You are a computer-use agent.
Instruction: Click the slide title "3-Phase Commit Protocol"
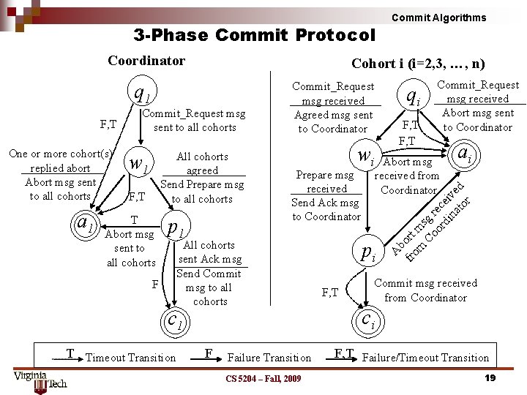254,35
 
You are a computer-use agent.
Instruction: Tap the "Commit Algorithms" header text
438,18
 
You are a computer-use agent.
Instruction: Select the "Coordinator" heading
146,61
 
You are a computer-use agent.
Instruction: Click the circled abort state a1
86,221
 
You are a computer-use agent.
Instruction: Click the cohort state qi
414,96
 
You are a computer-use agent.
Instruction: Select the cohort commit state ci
369,319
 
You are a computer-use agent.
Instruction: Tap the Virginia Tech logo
40,381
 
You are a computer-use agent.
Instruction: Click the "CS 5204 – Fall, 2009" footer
263,378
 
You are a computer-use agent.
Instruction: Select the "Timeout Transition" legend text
130,358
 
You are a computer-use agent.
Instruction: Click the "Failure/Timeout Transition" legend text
425,358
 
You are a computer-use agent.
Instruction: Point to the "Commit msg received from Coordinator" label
425,290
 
